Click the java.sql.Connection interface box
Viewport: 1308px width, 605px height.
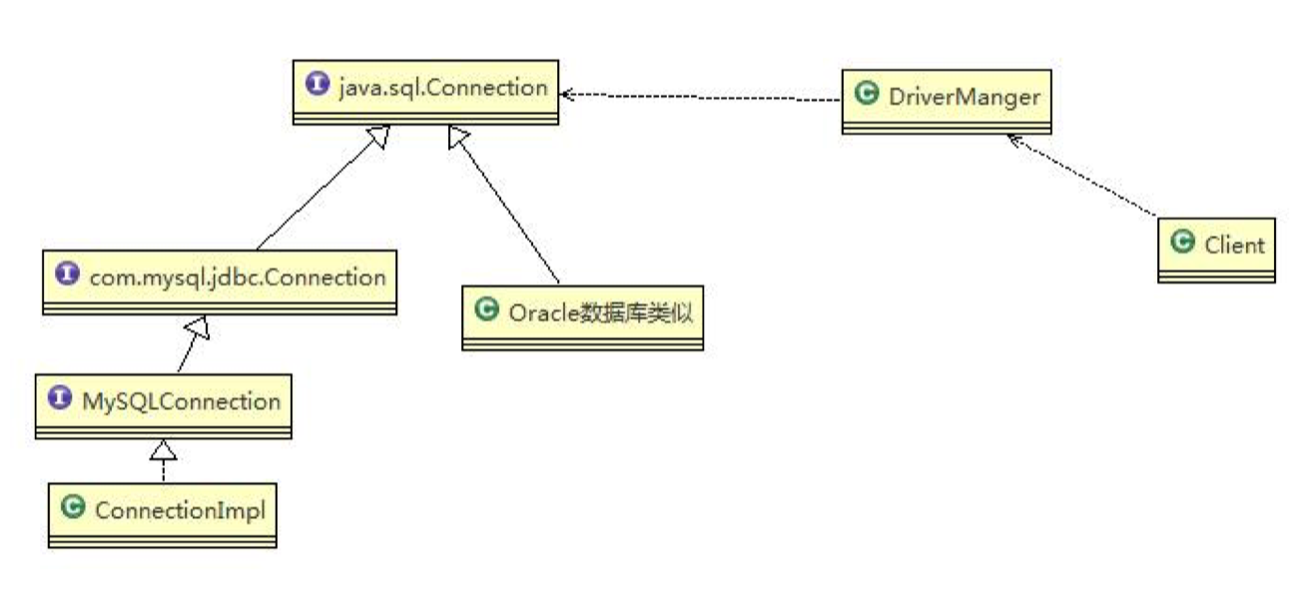pyautogui.click(x=425, y=91)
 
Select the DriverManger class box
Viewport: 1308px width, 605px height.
pyautogui.click(x=946, y=101)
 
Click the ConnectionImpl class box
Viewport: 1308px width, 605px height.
pyautogui.click(x=163, y=514)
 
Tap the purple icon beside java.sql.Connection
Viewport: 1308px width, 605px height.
pyautogui.click(x=319, y=86)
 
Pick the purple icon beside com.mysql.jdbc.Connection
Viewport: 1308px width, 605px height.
pyautogui.click(x=68, y=275)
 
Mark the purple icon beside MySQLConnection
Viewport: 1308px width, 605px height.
pyautogui.click(x=61, y=399)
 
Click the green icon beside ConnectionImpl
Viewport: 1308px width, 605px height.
pyautogui.click(x=73, y=508)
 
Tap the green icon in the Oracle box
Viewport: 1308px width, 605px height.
pyautogui.click(x=488, y=310)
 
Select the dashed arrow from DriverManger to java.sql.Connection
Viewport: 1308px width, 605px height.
pyautogui.click(x=699, y=97)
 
